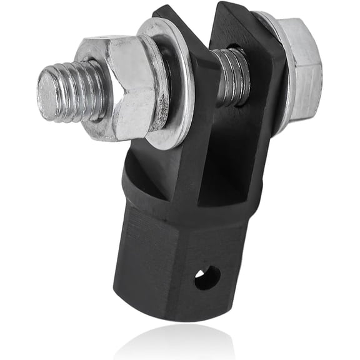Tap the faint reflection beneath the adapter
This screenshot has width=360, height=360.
click(x=181, y=341)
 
